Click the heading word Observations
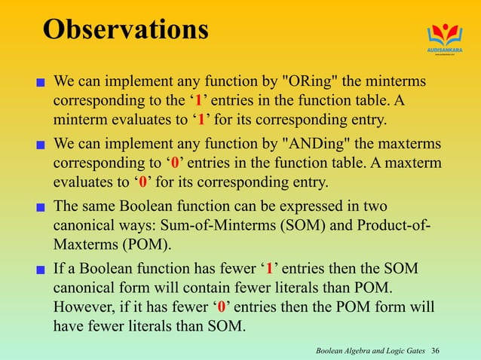click(125, 30)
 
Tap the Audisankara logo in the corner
click(443, 38)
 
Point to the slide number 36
click(457, 350)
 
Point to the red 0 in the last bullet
click(221, 307)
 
